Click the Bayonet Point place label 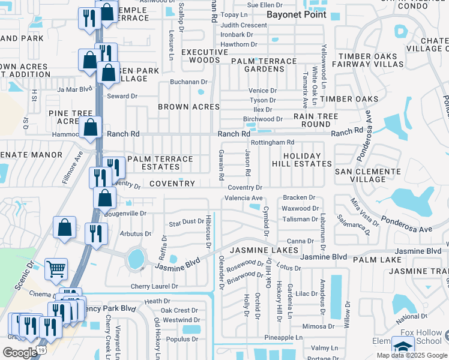click(x=296, y=14)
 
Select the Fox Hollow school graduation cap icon click(x=403, y=347)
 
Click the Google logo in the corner click(x=20, y=352)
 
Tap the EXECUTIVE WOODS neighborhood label click(x=205, y=56)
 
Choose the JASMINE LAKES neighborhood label click(x=263, y=250)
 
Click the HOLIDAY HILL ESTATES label click(x=307, y=160)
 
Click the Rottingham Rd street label click(x=273, y=142)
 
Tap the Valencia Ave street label click(x=243, y=198)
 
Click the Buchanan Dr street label click(x=188, y=82)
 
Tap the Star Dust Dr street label click(x=186, y=222)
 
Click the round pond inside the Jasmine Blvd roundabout click(x=136, y=259)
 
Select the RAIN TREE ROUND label click(x=312, y=120)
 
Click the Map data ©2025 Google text click(x=411, y=355)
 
